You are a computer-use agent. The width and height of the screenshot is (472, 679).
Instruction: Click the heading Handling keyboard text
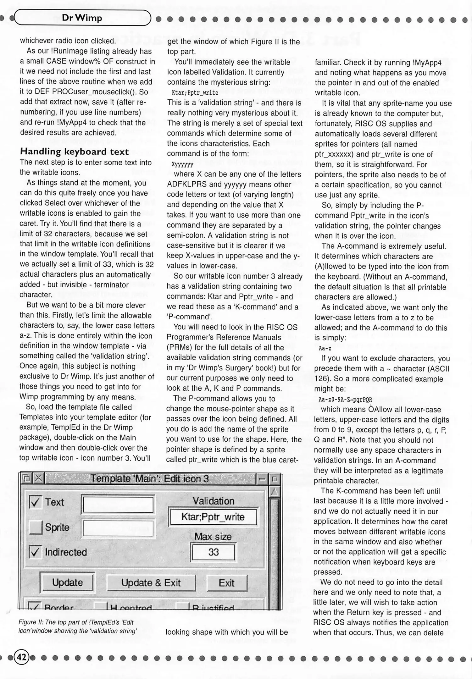click(x=75, y=152)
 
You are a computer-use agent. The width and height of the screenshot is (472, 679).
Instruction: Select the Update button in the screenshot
click(x=67, y=582)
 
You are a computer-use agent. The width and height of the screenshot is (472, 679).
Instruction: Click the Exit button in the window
click(x=227, y=583)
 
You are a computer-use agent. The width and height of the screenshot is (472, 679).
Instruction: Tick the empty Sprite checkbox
click(x=36, y=527)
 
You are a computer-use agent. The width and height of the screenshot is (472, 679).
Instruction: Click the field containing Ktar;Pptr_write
click(x=213, y=517)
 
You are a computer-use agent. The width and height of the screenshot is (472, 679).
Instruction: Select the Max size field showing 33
click(x=213, y=552)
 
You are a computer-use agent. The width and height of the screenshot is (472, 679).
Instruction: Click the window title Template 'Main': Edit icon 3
click(x=150, y=478)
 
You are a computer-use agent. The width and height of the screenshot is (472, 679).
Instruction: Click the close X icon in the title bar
click(x=38, y=478)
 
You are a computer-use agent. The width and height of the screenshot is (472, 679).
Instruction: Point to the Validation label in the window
click(x=213, y=501)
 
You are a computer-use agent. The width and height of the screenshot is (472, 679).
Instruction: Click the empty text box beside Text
click(x=118, y=504)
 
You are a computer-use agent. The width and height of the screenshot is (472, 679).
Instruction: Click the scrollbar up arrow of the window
click(x=275, y=491)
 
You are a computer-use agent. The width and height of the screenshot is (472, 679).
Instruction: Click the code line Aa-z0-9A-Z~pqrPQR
click(x=345, y=400)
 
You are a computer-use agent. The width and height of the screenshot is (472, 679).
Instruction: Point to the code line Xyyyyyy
click(x=182, y=164)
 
